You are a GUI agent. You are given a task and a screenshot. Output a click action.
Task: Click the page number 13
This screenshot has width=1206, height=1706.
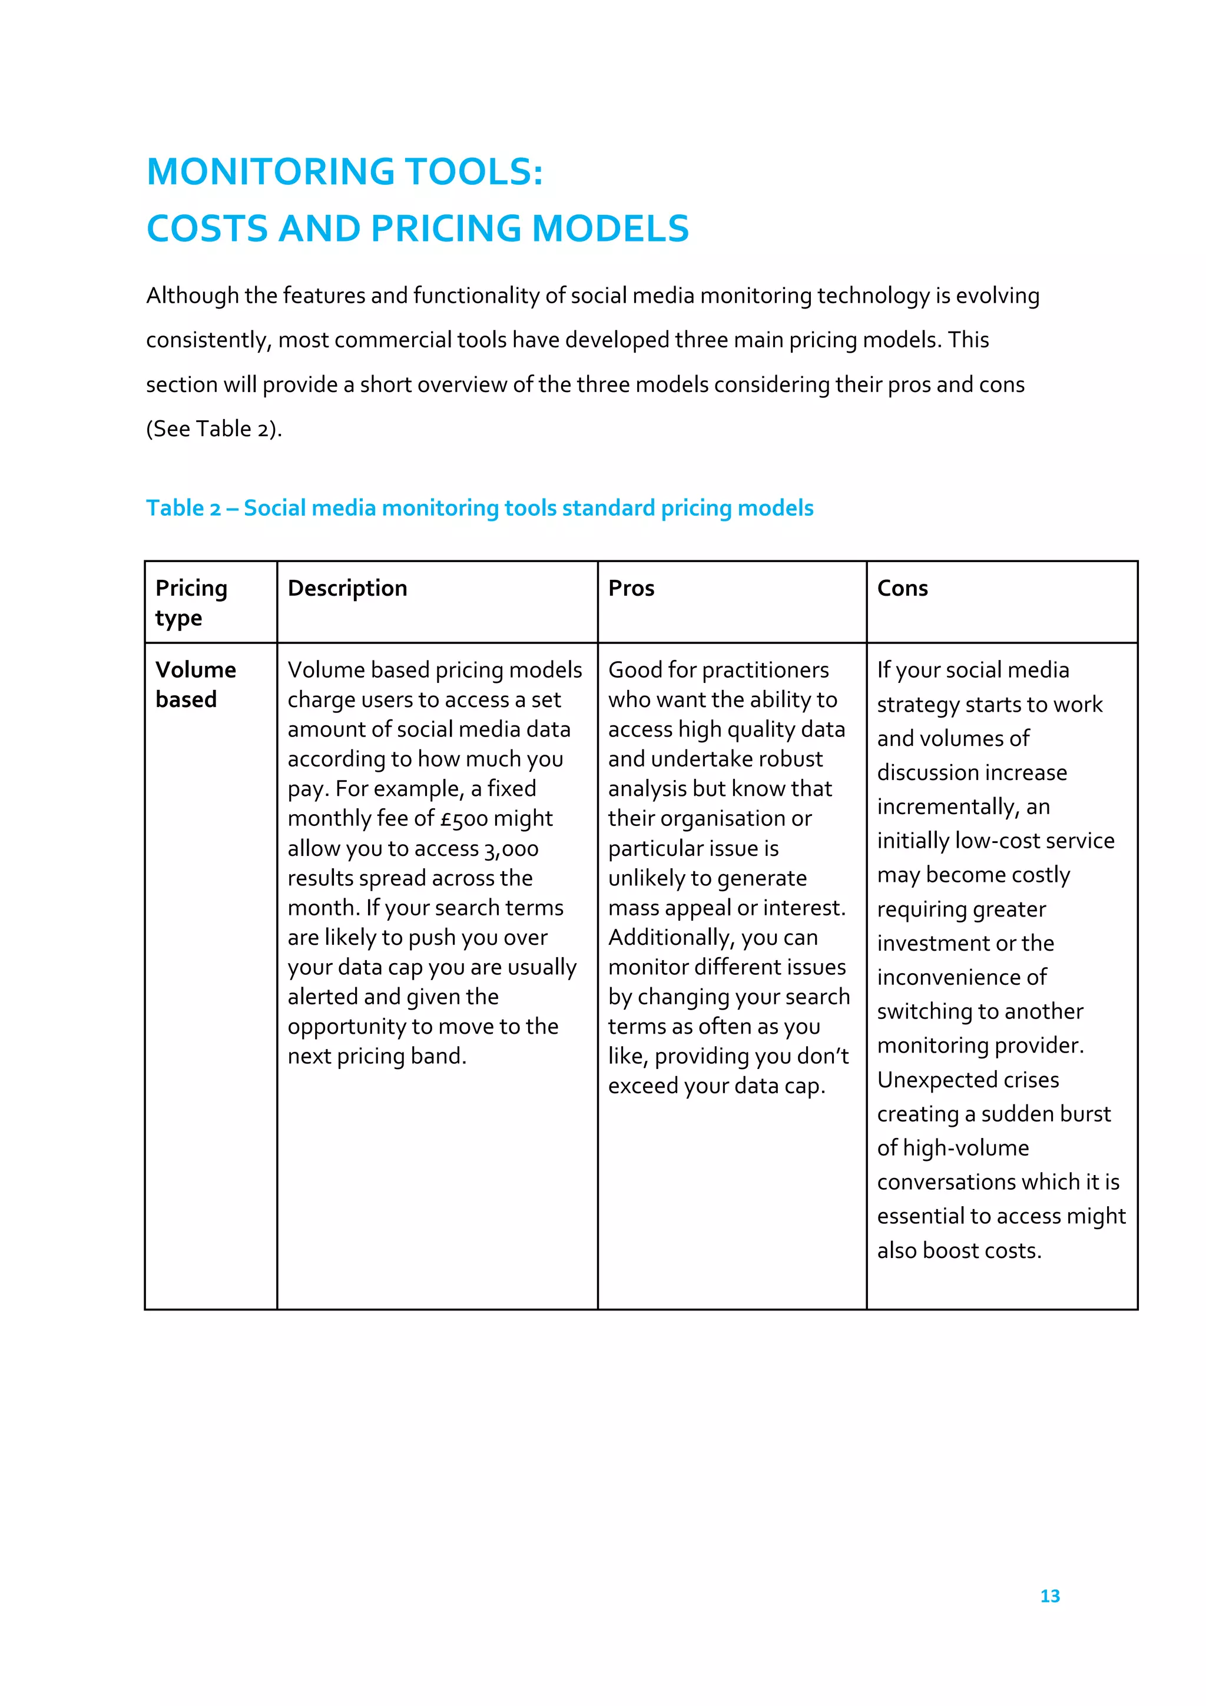coord(1049,1596)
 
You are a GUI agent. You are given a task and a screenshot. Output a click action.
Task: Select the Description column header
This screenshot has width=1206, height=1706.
coord(347,589)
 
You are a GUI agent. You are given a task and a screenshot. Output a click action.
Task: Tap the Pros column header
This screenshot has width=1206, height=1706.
coord(631,589)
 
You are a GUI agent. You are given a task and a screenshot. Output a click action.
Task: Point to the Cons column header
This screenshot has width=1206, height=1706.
coord(902,589)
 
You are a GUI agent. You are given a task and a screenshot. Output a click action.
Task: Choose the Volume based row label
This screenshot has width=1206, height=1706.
coord(195,684)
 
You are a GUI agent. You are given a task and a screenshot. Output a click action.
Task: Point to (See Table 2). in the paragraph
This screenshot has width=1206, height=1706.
coord(214,429)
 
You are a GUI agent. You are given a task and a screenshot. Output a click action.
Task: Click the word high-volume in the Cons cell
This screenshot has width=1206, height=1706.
coord(965,1148)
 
